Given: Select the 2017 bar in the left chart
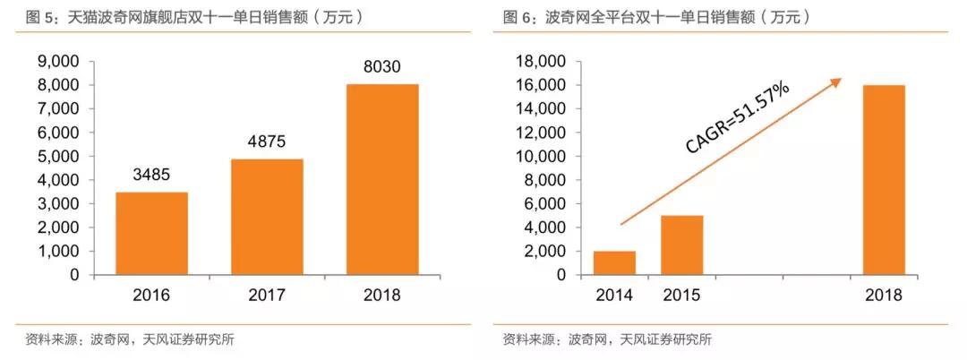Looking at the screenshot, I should [x=266, y=217].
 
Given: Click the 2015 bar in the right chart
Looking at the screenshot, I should [x=682, y=244].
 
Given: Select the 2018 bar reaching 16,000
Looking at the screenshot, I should [x=884, y=179].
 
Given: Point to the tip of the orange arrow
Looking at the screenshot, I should [x=842, y=79].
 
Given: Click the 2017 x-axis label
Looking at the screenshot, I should [x=266, y=295].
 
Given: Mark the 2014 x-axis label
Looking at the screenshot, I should [x=614, y=295].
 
